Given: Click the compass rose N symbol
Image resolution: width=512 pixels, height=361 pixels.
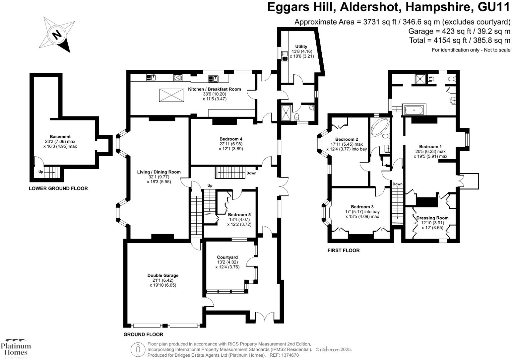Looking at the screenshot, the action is coord(57,35).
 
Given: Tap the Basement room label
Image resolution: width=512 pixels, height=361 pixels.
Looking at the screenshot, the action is coord(60,137).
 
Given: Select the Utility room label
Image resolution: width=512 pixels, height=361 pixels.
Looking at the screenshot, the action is coord(301,46).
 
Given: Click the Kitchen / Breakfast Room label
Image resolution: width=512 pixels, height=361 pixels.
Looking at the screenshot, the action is coord(215,89).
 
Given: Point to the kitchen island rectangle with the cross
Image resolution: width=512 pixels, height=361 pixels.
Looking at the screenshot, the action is coord(171,95).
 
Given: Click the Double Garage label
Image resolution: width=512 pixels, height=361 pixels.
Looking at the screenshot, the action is coord(163,275).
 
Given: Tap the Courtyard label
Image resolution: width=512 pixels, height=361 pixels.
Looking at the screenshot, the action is coord(227,257).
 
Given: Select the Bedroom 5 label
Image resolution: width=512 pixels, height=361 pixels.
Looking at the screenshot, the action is coord(239,215).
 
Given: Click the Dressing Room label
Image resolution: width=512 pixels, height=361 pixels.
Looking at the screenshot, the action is coord(432,218).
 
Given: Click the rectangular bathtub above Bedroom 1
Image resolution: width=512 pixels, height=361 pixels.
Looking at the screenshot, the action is coord(414,110).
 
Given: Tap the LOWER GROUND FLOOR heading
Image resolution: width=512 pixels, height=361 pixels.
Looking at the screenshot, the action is coord(58,188).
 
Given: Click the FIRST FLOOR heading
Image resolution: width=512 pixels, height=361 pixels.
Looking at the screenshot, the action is coord(344,251).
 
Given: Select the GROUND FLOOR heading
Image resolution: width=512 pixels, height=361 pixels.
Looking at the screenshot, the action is coord(143,334).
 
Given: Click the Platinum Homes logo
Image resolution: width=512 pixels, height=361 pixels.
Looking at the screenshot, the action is coord(16,348).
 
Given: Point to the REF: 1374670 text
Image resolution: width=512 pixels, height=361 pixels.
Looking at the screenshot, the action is coord(284,355).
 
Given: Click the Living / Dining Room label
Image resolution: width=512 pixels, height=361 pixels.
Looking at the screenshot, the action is coord(159,172).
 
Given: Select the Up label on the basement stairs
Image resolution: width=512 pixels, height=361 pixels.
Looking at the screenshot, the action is coord(41,172).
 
